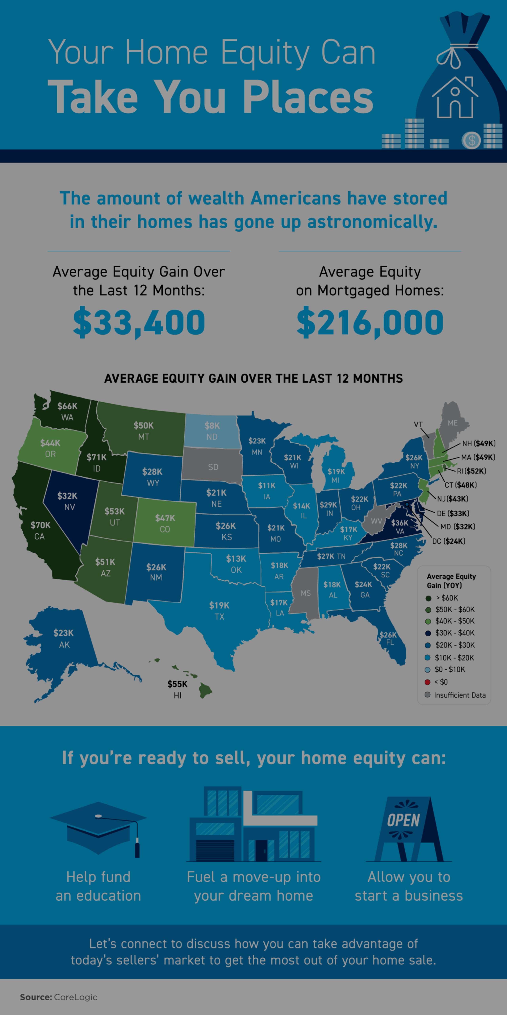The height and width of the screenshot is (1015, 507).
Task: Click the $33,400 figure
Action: pyautogui.click(x=139, y=322)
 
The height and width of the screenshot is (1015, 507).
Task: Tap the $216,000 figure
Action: pyautogui.click(x=370, y=322)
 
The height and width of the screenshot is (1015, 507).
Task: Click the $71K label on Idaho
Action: pyautogui.click(x=97, y=457)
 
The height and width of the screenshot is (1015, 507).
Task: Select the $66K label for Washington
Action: pyautogui.click(x=67, y=406)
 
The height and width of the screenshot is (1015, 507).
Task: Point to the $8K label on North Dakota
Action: pyautogui.click(x=212, y=426)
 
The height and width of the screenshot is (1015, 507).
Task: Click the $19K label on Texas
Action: pyautogui.click(x=219, y=605)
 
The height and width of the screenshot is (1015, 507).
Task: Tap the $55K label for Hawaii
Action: pyautogui.click(x=177, y=684)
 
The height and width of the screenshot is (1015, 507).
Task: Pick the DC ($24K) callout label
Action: pyautogui.click(x=449, y=541)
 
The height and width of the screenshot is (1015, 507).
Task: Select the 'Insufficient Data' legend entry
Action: pyautogui.click(x=459, y=695)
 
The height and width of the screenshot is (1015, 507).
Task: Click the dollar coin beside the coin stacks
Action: pyautogui.click(x=471, y=140)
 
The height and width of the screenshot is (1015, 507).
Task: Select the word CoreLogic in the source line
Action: pyautogui.click(x=75, y=997)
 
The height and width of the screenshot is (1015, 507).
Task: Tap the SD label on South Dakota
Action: pyautogui.click(x=213, y=467)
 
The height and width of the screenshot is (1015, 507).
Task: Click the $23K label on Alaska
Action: pyautogui.click(x=63, y=633)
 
